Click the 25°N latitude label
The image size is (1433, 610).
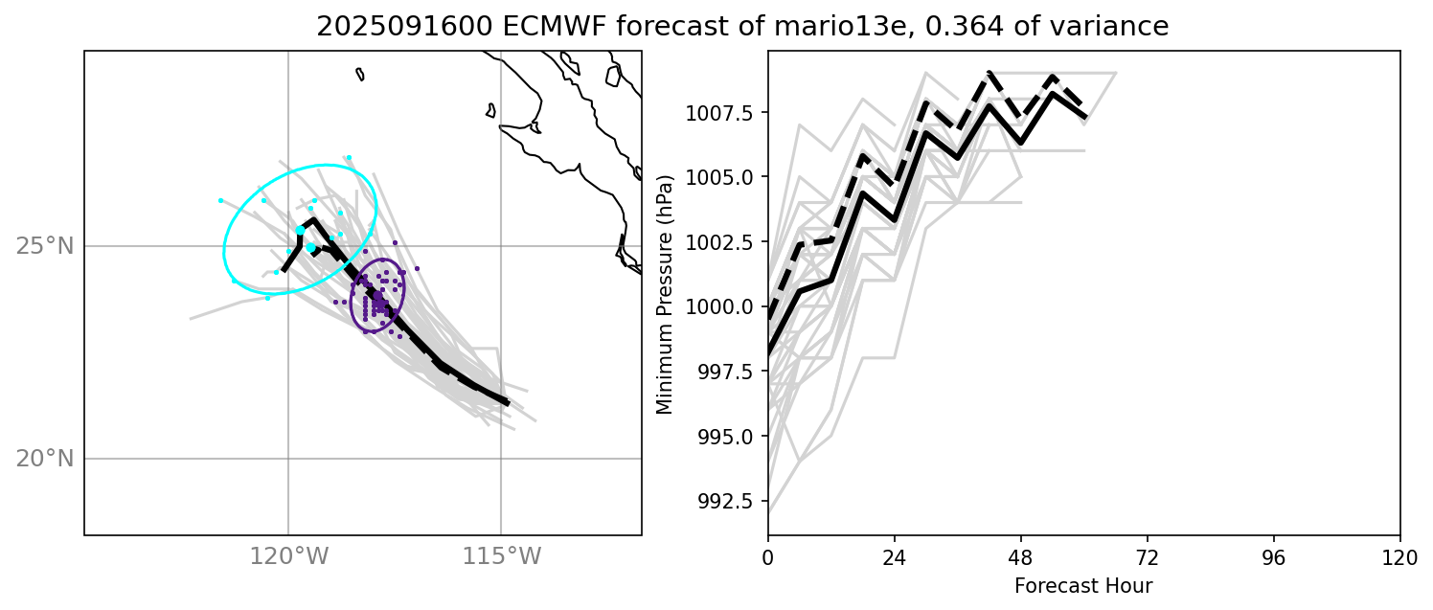pos(44,246)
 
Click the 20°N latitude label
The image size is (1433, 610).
pos(44,459)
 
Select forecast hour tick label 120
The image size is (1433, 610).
pos(1399,555)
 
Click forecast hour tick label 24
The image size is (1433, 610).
pos(895,555)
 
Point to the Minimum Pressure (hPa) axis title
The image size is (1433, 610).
pos(664,294)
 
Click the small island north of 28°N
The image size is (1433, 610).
pos(360,74)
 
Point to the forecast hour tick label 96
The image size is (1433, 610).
pos(1273,555)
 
